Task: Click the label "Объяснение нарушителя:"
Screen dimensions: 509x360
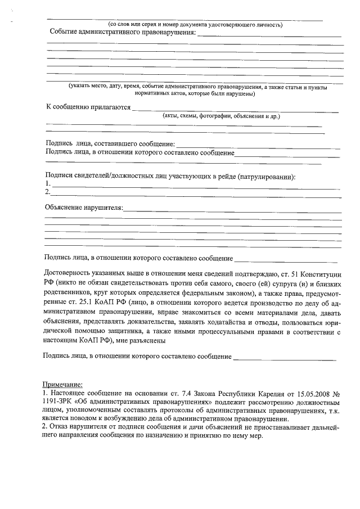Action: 84,207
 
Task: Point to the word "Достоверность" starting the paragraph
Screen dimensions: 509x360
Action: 70,273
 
